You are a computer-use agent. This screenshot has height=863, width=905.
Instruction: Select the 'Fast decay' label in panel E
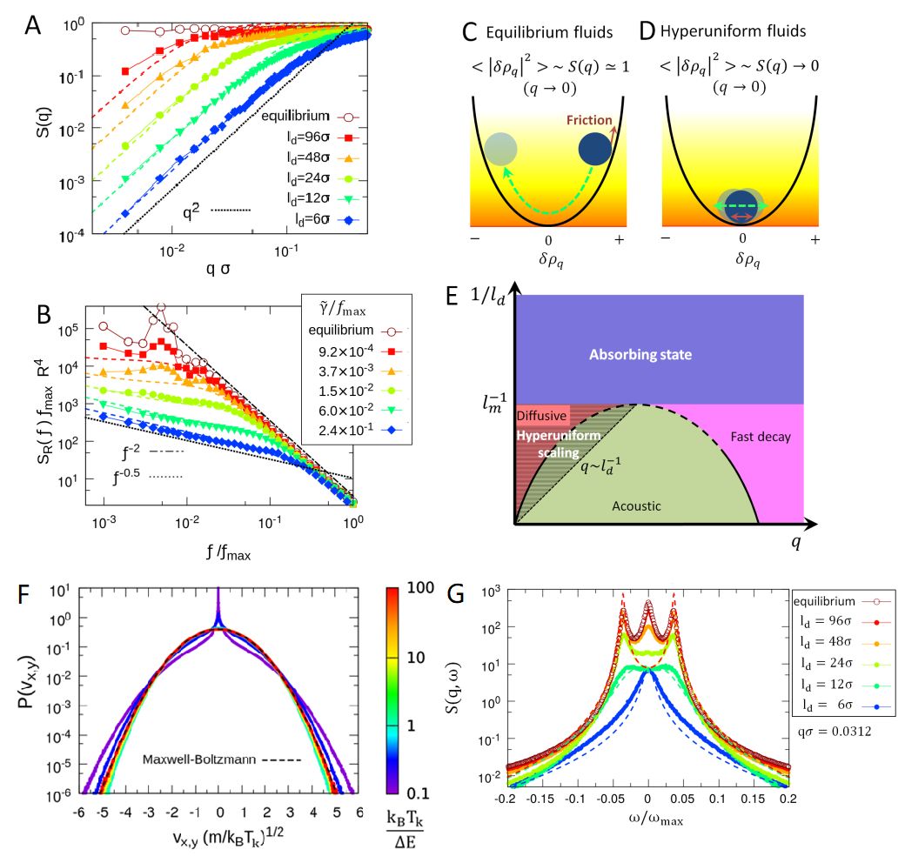click(761, 437)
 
